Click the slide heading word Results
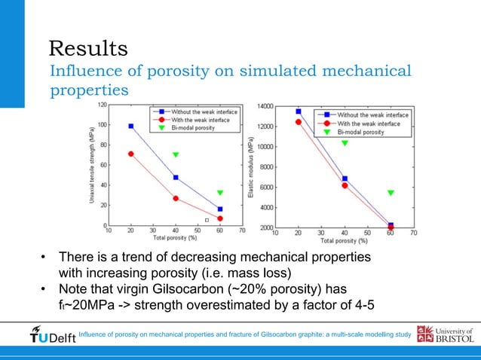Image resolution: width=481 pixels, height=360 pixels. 87,49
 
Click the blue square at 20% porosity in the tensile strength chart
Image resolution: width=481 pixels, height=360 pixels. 131,127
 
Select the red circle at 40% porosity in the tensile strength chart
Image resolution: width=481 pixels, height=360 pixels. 176,199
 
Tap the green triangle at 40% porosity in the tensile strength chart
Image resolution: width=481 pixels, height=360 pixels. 176,155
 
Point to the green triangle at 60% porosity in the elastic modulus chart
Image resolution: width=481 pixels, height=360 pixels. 391,193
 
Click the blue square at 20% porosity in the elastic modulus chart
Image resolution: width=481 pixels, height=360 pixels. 299,111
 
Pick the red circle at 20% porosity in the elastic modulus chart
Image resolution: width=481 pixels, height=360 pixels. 299,122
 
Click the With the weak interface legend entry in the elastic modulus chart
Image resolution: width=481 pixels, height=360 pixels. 368,124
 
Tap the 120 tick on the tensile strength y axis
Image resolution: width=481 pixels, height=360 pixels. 101,105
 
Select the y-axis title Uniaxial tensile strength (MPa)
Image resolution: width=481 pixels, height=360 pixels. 92,166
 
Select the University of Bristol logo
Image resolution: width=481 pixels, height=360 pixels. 445,335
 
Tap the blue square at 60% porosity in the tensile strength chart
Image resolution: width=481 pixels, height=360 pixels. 220,209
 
